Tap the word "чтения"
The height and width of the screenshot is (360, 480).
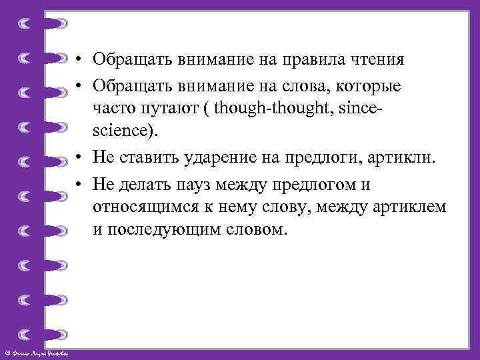click(x=381, y=59)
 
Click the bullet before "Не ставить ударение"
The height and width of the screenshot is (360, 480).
click(x=79, y=157)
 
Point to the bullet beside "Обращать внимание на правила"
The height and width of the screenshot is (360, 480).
click(x=79, y=60)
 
